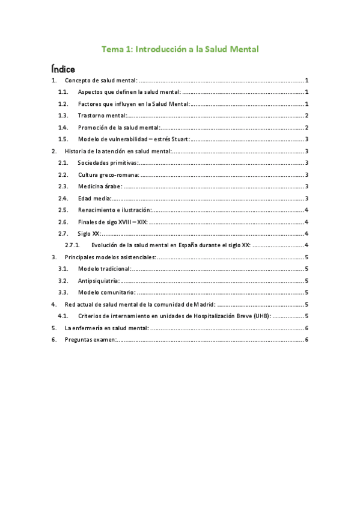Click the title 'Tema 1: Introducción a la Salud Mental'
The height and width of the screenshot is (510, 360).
pyautogui.click(x=180, y=49)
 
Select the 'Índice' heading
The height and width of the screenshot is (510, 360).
pyautogui.click(x=63, y=69)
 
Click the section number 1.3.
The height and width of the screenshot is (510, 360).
pyautogui.click(x=63, y=115)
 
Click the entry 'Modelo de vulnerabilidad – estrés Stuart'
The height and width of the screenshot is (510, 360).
pyautogui.click(x=133, y=139)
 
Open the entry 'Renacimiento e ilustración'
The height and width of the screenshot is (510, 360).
pyautogui.click(x=115, y=210)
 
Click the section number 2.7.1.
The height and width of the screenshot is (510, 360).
pyautogui.click(x=72, y=245)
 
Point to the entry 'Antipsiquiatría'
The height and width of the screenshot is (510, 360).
pyautogui.click(x=99, y=280)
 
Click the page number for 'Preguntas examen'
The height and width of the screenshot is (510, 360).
pyautogui.click(x=307, y=340)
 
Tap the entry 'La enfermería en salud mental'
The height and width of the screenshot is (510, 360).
pyautogui.click(x=106, y=328)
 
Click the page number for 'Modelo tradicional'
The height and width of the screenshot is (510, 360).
pyautogui.click(x=307, y=269)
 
